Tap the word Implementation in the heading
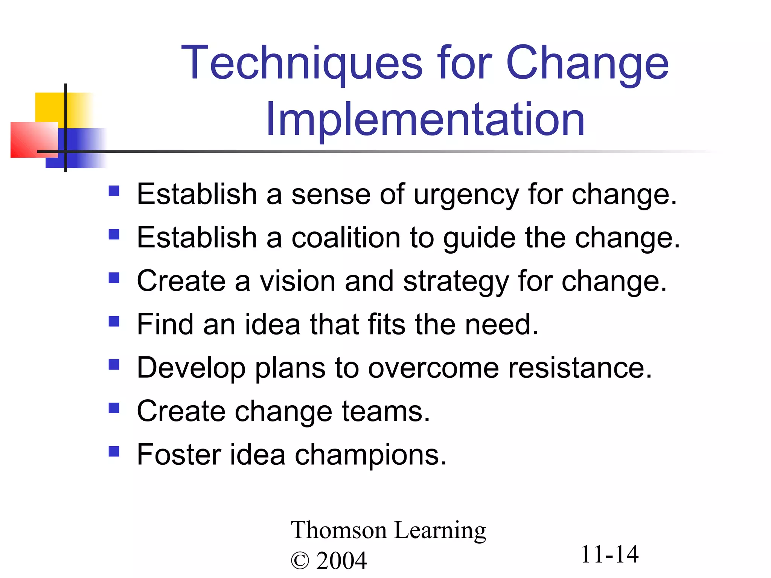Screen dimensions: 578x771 pos(425,120)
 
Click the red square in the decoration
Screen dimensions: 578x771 pos(30,140)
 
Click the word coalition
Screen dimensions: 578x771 pos(346,238)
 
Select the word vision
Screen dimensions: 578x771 pos(297,281)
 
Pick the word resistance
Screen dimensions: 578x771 pos(580,368)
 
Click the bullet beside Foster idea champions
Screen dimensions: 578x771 pos(114,451)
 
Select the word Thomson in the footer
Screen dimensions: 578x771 pos(339,530)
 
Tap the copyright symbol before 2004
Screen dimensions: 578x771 pos(300,561)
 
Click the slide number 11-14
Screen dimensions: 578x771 pos(609,555)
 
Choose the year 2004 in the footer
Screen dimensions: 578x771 pos(341,561)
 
